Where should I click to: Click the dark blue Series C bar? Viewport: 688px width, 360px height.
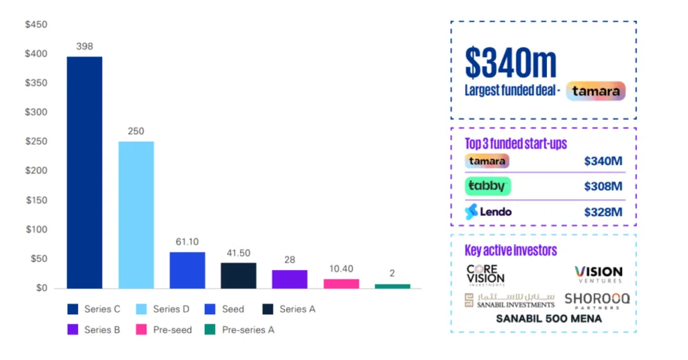point(84,173)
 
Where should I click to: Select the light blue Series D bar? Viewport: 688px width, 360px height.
point(136,215)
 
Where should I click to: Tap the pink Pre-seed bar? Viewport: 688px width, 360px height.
point(341,283)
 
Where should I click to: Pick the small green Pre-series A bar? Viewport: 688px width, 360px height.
point(392,286)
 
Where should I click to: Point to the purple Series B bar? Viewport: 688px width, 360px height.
point(290,279)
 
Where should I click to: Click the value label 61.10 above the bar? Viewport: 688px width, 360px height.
point(187,242)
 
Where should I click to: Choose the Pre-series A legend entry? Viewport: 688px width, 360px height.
point(239,330)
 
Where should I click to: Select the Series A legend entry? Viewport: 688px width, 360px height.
point(288,310)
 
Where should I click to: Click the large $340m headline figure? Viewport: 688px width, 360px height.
point(511,62)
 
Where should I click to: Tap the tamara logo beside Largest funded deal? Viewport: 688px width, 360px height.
point(595,91)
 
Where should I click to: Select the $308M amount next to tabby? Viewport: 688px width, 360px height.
point(603,187)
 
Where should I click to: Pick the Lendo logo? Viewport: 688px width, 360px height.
point(488,212)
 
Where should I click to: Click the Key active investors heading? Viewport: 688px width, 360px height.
point(511,251)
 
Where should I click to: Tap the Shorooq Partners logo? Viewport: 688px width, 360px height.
point(597,300)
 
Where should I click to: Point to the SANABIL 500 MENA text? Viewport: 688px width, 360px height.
point(548,319)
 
